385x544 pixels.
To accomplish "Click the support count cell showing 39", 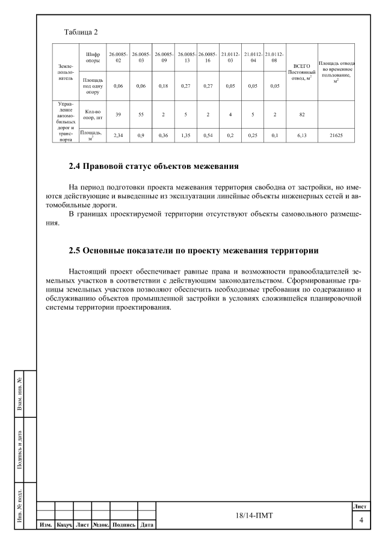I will [118, 114].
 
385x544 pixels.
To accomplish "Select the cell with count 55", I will [141, 114].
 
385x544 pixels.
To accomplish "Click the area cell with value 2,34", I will [118, 135].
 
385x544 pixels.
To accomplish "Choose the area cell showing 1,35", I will [186, 135].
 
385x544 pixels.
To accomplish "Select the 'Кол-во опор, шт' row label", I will [88, 114].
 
